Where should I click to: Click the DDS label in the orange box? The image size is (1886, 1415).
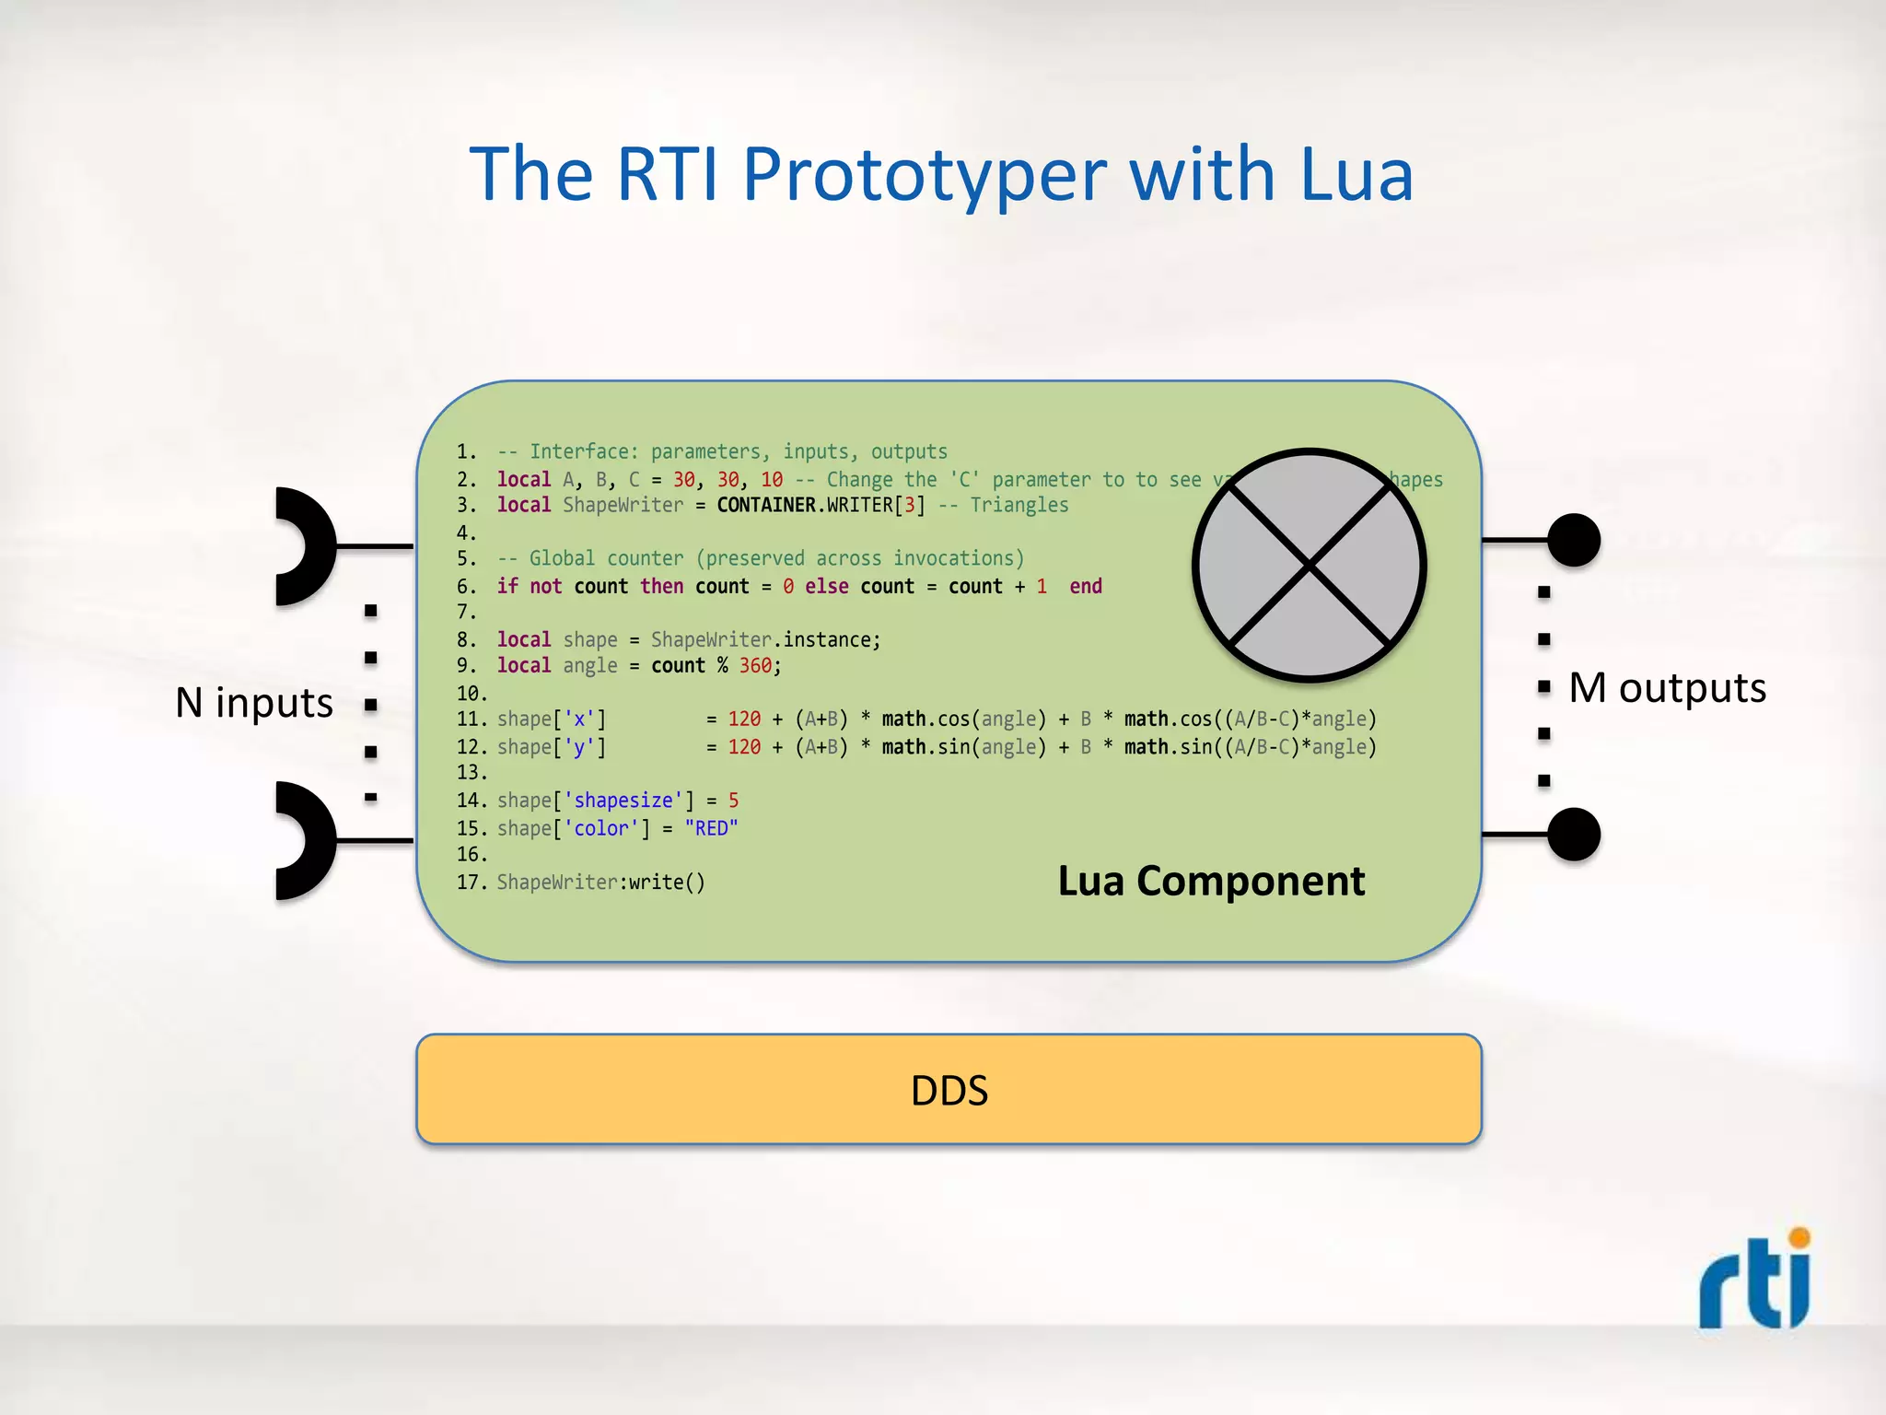pyautogui.click(x=949, y=1091)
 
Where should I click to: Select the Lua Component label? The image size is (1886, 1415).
pyautogui.click(x=1210, y=881)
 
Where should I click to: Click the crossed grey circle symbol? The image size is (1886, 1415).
pyautogui.click(x=1309, y=565)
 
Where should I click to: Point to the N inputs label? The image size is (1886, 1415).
pyautogui.click(x=254, y=703)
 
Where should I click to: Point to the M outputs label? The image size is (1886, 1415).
pyautogui.click(x=1667, y=688)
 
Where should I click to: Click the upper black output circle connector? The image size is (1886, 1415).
pyautogui.click(x=1573, y=540)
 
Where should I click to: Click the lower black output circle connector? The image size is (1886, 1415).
pyautogui.click(x=1573, y=834)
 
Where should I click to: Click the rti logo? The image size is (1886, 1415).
pyautogui.click(x=1755, y=1281)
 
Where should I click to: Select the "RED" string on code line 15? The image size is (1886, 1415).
pyautogui.click(x=711, y=828)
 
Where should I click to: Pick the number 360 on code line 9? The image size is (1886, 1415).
pyautogui.click(x=755, y=665)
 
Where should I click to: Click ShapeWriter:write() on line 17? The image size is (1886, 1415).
pyautogui.click(x=600, y=882)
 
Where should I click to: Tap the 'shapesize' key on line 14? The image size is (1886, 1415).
pyautogui.click(x=623, y=801)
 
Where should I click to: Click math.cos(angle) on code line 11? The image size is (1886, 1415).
pyautogui.click(x=963, y=719)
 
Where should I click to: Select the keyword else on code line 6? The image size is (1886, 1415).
pyautogui.click(x=826, y=586)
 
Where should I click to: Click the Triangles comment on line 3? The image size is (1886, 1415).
pyautogui.click(x=1019, y=505)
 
